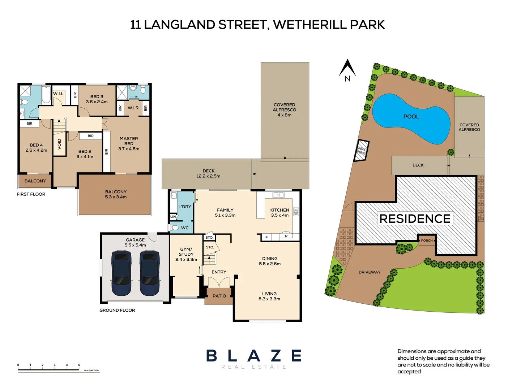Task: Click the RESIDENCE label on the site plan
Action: click(415, 219)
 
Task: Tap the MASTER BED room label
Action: click(129, 144)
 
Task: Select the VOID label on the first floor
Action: click(60, 144)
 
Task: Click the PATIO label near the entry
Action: click(219, 296)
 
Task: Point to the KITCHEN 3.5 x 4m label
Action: click(279, 212)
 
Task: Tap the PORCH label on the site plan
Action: click(427, 240)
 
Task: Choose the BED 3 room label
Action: click(97, 99)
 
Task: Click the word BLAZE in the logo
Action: click(254, 356)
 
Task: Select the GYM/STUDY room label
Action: click(186, 254)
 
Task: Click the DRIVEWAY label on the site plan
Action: click(370, 272)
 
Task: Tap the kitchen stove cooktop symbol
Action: click(296, 212)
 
